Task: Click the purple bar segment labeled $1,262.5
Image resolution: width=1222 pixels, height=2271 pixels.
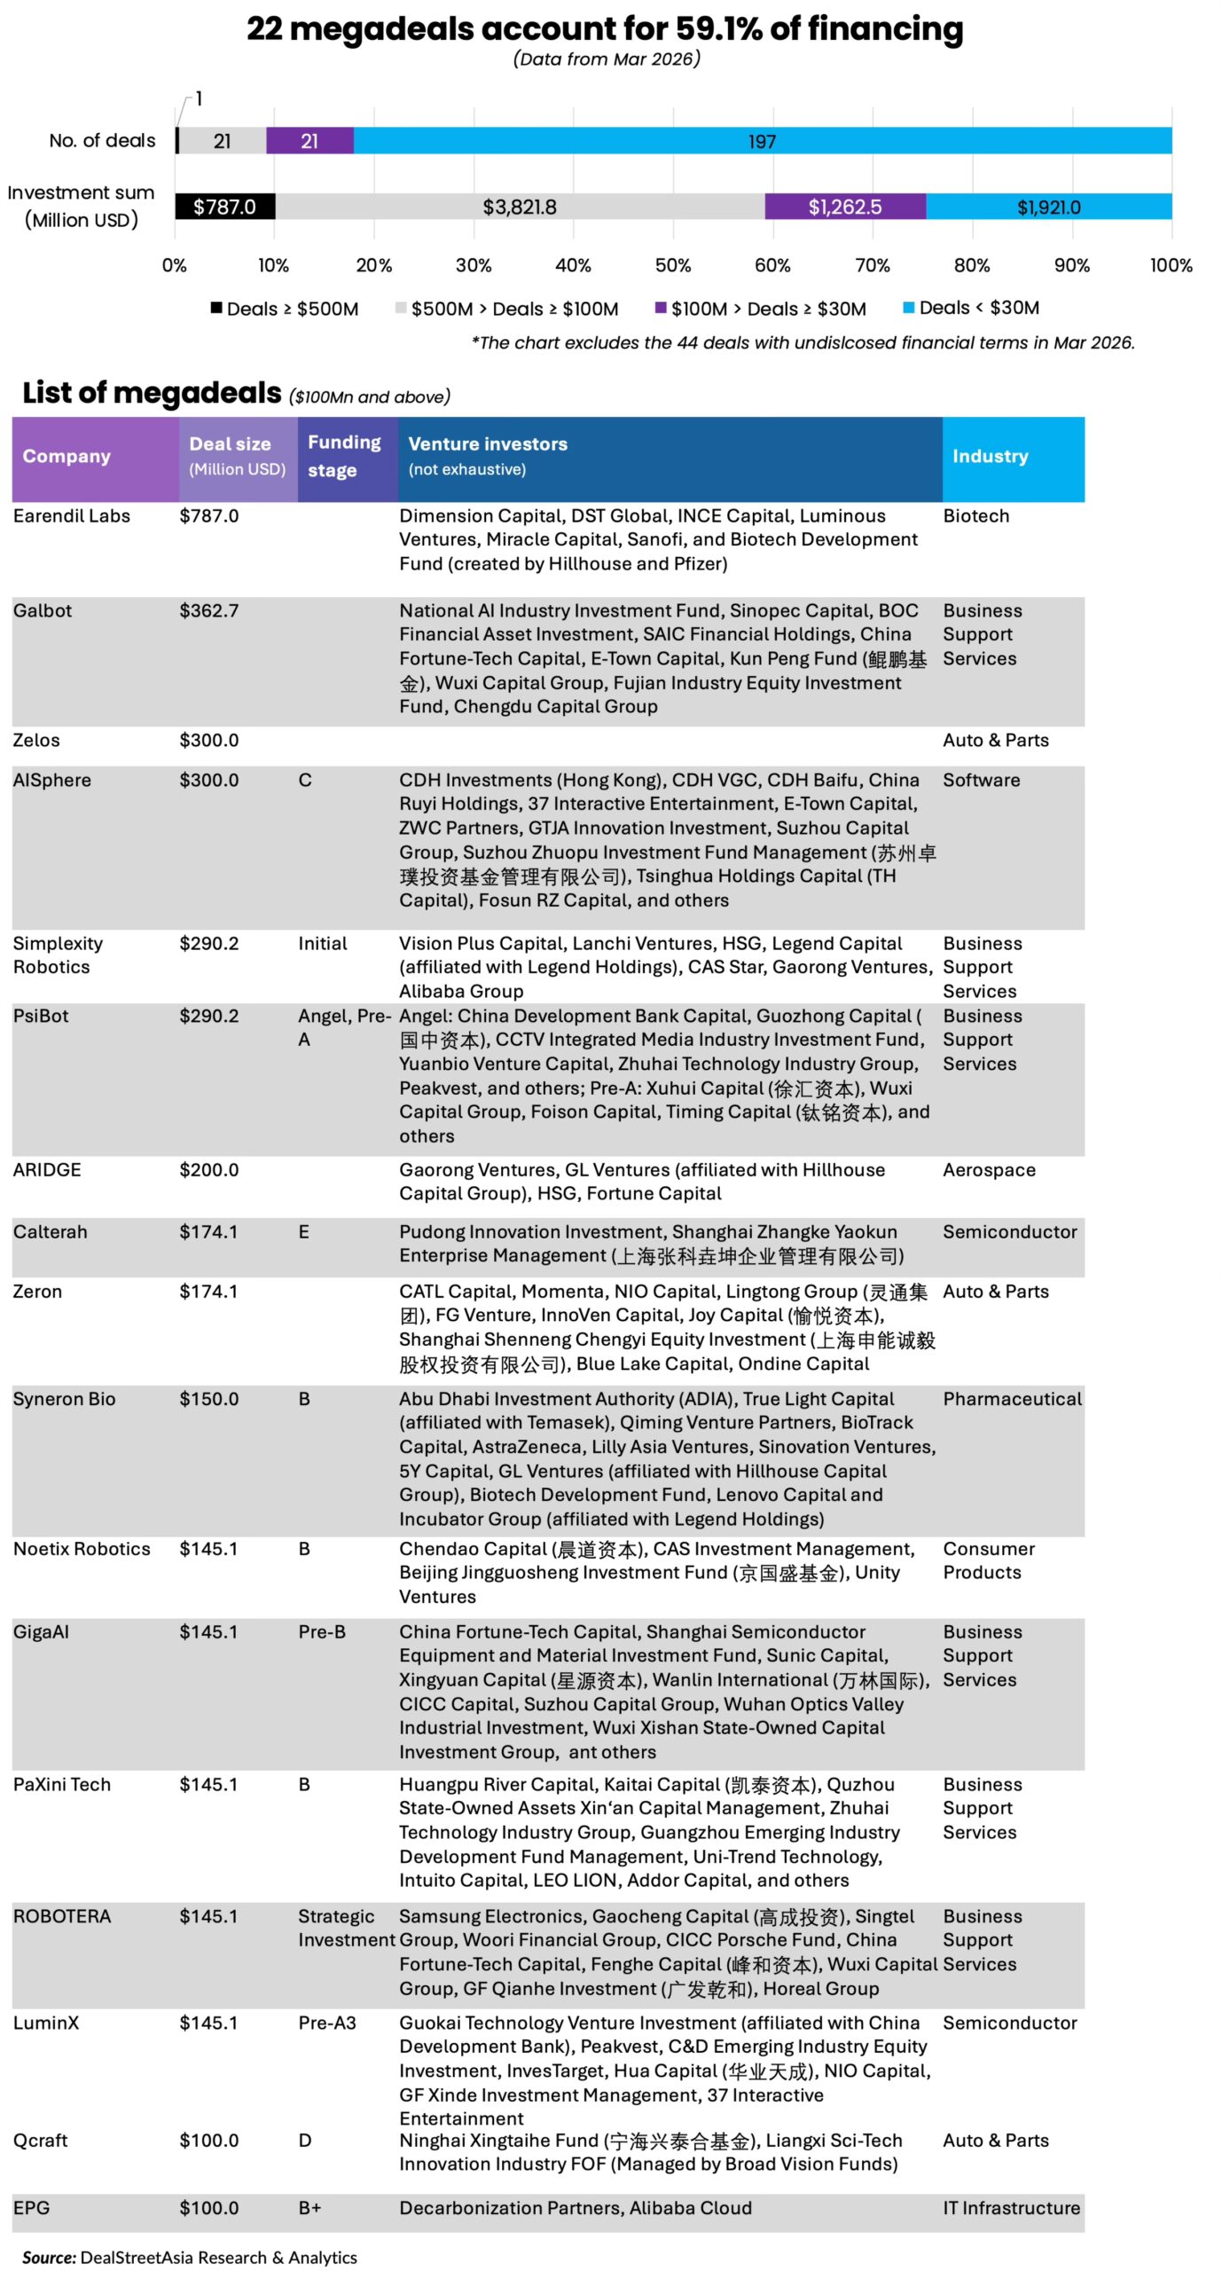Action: point(844,207)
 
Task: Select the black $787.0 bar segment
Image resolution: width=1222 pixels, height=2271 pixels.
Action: point(224,207)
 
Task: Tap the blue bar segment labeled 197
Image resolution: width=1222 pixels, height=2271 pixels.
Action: point(762,141)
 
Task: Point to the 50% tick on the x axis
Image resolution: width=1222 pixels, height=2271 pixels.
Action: point(672,265)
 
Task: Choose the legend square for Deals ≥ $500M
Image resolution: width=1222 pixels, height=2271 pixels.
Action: point(215,308)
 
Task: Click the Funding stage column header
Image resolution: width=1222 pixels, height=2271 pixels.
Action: point(344,456)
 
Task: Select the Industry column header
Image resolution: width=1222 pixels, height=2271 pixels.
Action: point(990,456)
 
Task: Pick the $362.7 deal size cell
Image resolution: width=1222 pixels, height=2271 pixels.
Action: point(209,610)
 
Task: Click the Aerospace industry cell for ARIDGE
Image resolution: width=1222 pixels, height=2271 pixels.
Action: point(989,1169)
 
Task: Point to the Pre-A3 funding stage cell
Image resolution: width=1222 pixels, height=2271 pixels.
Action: point(327,2023)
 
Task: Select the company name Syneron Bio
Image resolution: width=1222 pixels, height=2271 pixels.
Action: point(64,1398)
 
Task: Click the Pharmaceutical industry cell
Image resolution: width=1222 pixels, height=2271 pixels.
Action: point(1012,1398)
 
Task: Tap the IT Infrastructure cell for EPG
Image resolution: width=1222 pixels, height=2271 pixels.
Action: point(1011,2207)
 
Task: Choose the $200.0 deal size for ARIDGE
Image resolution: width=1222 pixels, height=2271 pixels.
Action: point(209,1169)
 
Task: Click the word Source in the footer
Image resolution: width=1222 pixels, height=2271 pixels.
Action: point(49,2257)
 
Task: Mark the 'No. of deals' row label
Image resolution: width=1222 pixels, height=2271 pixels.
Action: point(102,140)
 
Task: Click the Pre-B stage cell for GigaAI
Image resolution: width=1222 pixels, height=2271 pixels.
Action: point(322,1631)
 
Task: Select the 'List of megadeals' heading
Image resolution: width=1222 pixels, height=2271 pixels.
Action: point(152,392)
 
